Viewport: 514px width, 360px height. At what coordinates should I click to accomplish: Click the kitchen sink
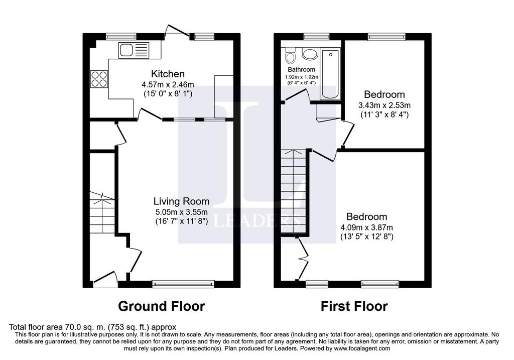[134, 51]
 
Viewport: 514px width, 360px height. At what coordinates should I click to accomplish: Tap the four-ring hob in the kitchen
[99, 79]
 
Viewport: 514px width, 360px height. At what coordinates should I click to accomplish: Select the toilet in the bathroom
[290, 55]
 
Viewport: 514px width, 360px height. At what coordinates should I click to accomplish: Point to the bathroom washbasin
[310, 54]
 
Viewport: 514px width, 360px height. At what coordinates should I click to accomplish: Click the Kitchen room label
[168, 74]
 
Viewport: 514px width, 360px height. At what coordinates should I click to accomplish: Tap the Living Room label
[182, 201]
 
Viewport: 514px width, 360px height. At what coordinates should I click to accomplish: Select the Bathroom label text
[301, 69]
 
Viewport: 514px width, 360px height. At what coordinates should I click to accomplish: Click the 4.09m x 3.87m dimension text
[367, 227]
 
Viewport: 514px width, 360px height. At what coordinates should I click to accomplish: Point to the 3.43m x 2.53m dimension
[384, 105]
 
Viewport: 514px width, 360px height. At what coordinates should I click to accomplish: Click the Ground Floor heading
[161, 306]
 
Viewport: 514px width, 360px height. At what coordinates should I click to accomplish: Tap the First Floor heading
[354, 306]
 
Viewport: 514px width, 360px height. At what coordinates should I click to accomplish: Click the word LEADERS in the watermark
[256, 220]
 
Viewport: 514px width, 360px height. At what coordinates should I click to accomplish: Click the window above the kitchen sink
[121, 37]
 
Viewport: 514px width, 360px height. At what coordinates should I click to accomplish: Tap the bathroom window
[316, 36]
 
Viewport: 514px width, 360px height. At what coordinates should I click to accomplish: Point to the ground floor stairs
[102, 212]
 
